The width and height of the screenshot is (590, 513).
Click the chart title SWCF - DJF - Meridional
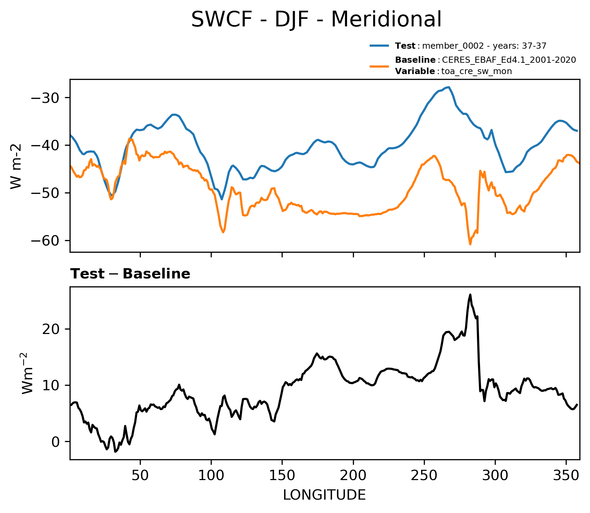[316, 19]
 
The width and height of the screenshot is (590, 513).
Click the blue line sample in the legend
[379, 46]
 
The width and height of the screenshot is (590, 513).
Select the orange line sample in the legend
[379, 66]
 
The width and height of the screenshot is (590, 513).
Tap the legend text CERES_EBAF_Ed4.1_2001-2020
[509, 60]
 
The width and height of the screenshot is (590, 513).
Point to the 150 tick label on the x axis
[282, 476]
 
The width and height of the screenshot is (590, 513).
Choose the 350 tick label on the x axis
[566, 476]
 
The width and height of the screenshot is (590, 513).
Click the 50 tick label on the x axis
[140, 476]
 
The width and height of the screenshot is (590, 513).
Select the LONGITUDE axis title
[324, 495]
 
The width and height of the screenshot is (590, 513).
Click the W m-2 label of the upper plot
[16, 166]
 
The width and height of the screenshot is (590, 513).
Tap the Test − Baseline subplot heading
[130, 274]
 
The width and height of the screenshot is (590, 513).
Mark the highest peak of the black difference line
[470, 294]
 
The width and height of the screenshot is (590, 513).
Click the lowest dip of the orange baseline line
[470, 244]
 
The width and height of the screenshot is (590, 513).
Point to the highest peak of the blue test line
[448, 87]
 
